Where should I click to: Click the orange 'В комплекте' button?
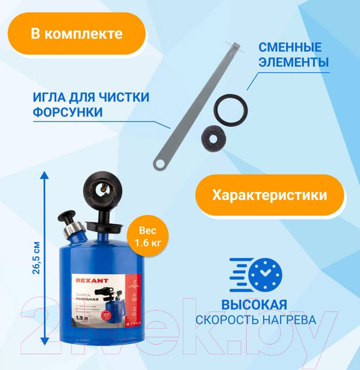[x=78, y=33]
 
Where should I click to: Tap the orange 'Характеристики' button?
[x=269, y=195]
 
